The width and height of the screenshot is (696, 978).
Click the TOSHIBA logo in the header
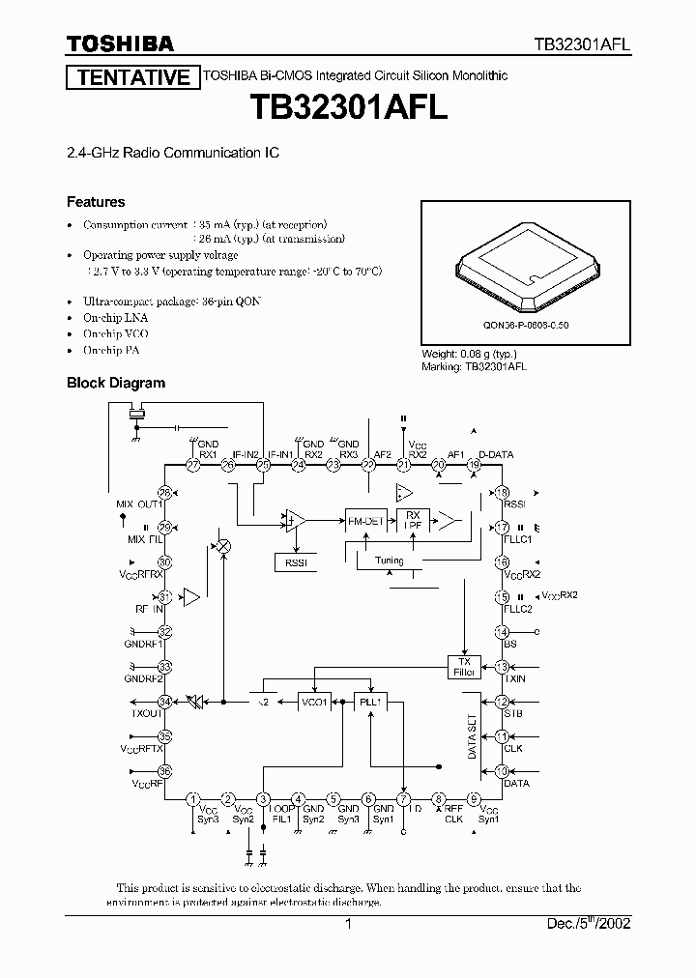pyautogui.click(x=120, y=43)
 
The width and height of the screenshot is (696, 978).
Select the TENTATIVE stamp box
pyautogui.click(x=132, y=77)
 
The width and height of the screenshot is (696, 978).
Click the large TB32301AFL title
pyautogui.click(x=349, y=108)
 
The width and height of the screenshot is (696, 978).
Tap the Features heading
pyautogui.click(x=96, y=202)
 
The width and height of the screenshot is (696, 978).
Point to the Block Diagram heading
pyautogui.click(x=115, y=383)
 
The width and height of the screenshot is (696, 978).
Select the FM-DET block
pyautogui.click(x=367, y=520)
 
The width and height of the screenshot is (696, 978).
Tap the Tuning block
pyautogui.click(x=390, y=561)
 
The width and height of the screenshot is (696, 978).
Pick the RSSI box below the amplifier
pyautogui.click(x=291, y=562)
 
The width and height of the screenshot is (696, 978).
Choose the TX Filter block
pyautogui.click(x=464, y=666)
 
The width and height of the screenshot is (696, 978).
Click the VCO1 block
pyautogui.click(x=314, y=702)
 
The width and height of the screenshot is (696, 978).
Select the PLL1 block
pyautogui.click(x=369, y=702)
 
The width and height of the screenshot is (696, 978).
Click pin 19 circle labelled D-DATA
pyautogui.click(x=474, y=465)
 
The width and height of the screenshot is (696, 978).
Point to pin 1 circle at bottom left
pyautogui.click(x=193, y=799)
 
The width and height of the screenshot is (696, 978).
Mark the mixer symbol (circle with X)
pyautogui.click(x=222, y=547)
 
